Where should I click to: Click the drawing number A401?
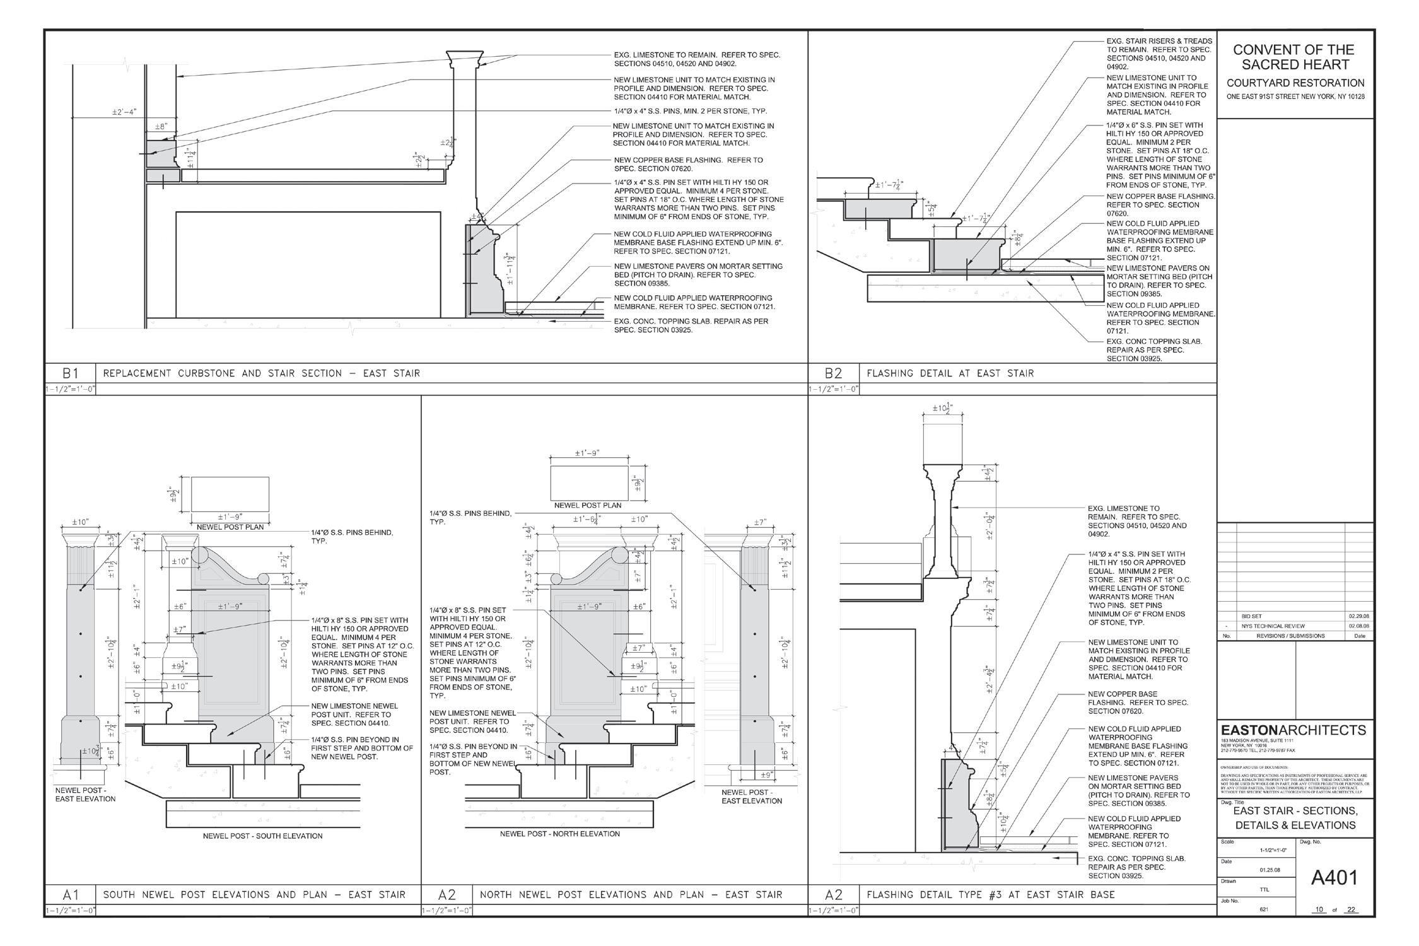click(1334, 877)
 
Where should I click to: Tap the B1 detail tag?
click(69, 373)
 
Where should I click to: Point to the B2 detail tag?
click(833, 373)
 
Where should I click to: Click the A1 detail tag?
click(69, 894)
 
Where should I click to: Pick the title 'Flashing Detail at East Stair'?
click(950, 373)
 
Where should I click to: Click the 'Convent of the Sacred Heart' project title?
click(1293, 57)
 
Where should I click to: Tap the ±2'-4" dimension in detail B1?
click(124, 112)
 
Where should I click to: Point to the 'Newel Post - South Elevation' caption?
click(262, 836)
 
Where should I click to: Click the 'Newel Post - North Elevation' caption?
click(559, 834)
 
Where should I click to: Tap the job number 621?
click(1263, 909)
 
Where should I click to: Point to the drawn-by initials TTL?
click(1263, 889)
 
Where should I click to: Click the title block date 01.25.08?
click(1269, 870)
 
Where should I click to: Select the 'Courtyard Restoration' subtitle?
click(1295, 83)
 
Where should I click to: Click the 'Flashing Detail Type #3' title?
click(990, 894)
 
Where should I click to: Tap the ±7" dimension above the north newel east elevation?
click(760, 522)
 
